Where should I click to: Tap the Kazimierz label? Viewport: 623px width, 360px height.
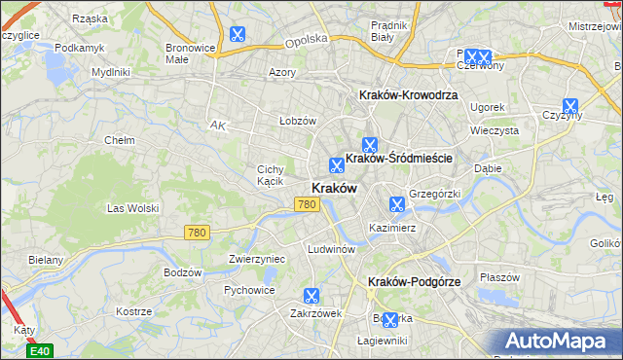pyautogui.click(x=392, y=228)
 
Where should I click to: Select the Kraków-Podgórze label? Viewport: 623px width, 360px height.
pyautogui.click(x=414, y=281)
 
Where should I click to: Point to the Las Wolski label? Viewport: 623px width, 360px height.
pyautogui.click(x=132, y=208)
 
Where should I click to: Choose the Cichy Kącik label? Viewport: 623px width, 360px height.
pyautogui.click(x=270, y=175)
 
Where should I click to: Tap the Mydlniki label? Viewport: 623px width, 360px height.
pyautogui.click(x=110, y=72)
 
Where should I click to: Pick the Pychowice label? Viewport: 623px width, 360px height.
pyautogui.click(x=248, y=290)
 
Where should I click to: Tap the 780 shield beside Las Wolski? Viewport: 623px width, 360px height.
pyautogui.click(x=197, y=232)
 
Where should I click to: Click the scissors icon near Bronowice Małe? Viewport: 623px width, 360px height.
pyautogui.click(x=238, y=35)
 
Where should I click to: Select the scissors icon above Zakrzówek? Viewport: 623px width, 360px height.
pyautogui.click(x=311, y=296)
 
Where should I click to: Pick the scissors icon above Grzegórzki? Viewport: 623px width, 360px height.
pyautogui.click(x=396, y=204)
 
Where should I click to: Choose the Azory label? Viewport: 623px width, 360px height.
pyautogui.click(x=282, y=72)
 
